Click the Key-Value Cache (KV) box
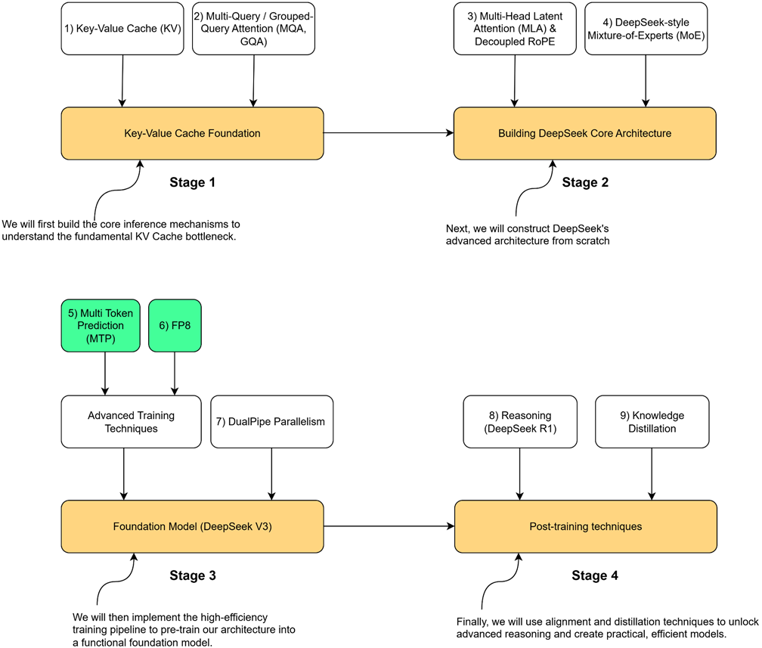122,29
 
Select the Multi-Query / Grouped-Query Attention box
253,29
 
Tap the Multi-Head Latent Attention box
515,29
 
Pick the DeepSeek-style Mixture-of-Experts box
646,29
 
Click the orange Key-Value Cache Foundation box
192,133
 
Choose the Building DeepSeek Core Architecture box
584,133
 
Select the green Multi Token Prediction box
101,326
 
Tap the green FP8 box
175,326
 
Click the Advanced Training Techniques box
131,422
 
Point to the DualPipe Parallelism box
271,422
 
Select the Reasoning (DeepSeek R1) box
520,422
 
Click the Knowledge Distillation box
652,422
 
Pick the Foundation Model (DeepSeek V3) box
192,526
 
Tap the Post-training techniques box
585,526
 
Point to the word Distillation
652,429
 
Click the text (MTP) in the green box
101,339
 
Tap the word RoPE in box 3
540,42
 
